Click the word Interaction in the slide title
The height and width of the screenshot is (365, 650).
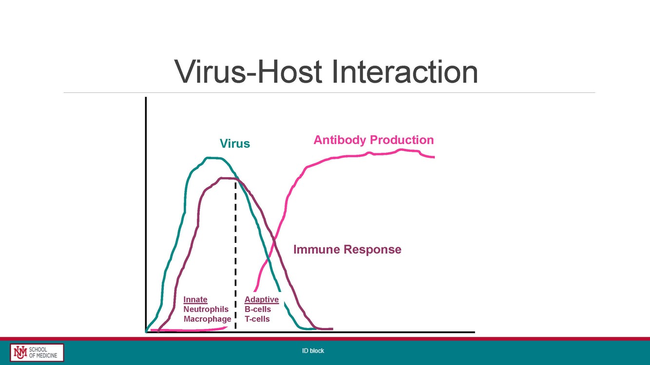pos(404,72)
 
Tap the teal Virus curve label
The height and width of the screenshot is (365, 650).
pos(235,144)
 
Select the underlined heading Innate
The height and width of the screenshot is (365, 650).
pos(195,300)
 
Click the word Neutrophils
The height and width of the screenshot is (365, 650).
pos(206,310)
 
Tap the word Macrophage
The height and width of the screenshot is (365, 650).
pos(207,319)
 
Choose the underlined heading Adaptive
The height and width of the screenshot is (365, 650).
pos(262,300)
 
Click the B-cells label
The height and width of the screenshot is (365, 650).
pos(258,310)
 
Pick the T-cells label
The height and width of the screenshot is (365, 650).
pos(257,319)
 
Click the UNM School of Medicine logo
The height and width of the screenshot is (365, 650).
pos(37,352)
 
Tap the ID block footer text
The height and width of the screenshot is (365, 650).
pos(313,351)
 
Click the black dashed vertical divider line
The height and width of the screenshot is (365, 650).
pos(235,253)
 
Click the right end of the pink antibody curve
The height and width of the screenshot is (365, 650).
pos(433,157)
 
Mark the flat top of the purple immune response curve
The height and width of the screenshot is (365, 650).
pos(227,179)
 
